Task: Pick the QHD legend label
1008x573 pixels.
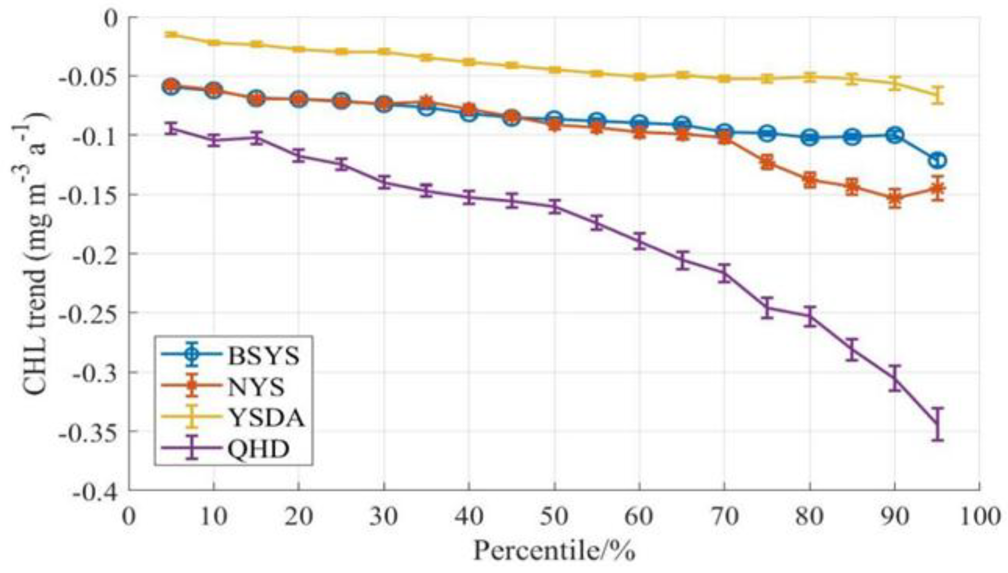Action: click(258, 449)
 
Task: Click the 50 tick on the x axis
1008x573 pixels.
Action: click(554, 516)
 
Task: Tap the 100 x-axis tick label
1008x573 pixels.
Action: click(979, 516)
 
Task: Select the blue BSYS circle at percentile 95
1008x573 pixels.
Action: click(938, 160)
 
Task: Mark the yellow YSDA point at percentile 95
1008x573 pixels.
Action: click(938, 95)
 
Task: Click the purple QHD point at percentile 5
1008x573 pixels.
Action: click(171, 128)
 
